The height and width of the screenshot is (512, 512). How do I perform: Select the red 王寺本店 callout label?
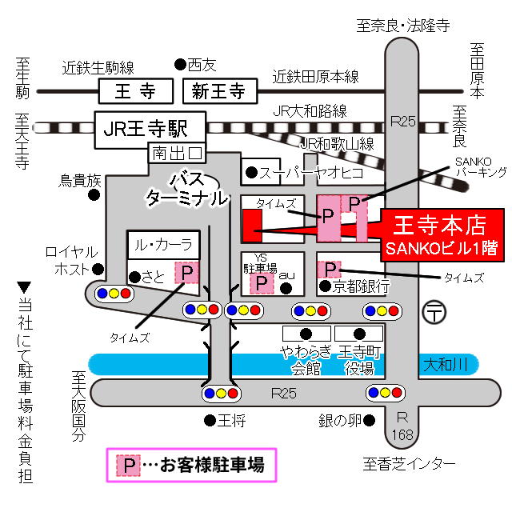[x=442, y=233]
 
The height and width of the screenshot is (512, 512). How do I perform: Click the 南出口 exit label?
[x=178, y=152]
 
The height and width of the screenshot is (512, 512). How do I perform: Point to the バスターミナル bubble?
[x=186, y=190]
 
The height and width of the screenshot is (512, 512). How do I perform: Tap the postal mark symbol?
[x=436, y=310]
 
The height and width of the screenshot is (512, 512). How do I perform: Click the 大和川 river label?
[x=446, y=364]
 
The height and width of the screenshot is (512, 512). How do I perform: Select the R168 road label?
[x=404, y=426]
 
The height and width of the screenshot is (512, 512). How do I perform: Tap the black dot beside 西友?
[x=179, y=64]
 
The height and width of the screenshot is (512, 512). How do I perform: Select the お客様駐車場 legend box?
[x=192, y=464]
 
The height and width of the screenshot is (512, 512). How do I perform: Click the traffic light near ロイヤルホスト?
[x=113, y=293]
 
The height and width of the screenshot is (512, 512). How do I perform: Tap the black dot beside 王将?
[x=209, y=419]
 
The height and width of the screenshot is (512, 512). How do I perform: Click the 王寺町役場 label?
[x=357, y=359]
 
